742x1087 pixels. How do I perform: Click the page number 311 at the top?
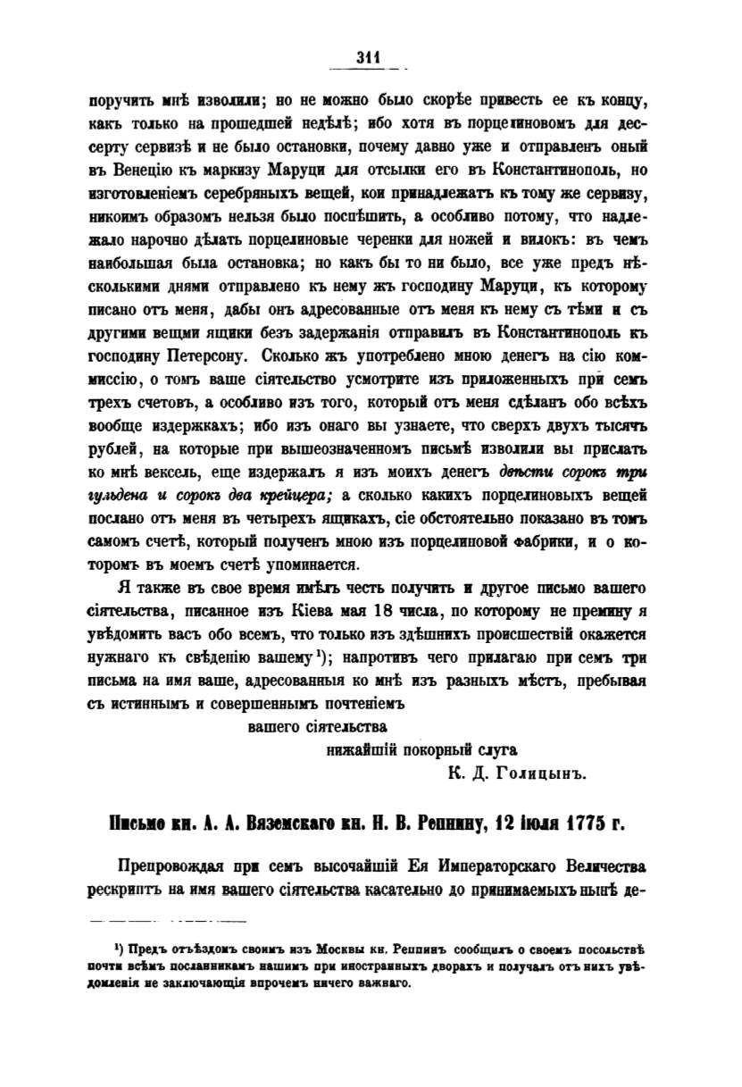click(x=368, y=57)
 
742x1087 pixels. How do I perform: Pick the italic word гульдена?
click(x=121, y=498)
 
